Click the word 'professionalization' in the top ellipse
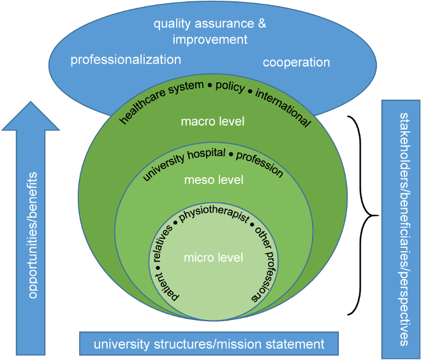point(126,60)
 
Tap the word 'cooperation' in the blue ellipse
point(296,62)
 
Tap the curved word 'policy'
point(230,87)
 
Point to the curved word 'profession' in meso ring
point(262,162)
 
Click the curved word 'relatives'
point(162,244)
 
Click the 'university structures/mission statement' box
point(209,344)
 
